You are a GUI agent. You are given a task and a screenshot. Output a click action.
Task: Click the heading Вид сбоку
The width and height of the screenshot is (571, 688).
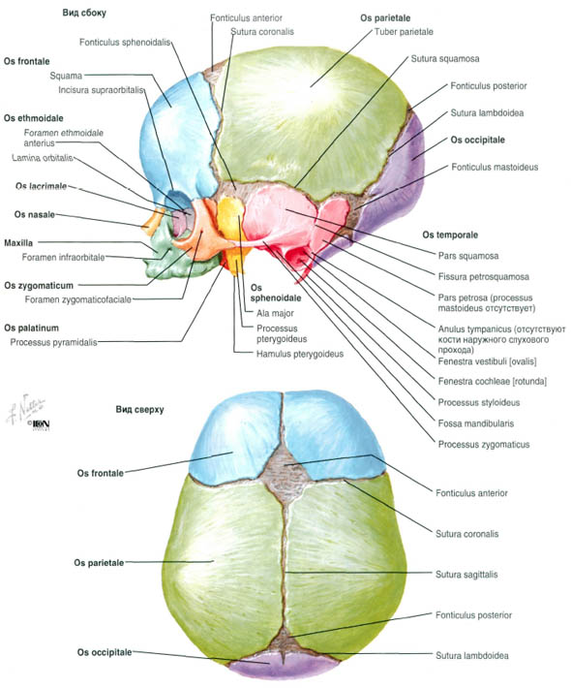coord(84,13)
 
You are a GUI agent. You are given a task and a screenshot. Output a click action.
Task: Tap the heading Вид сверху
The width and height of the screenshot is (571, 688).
coord(139,409)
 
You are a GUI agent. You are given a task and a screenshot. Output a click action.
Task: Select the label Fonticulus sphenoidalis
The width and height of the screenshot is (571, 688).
coord(125,43)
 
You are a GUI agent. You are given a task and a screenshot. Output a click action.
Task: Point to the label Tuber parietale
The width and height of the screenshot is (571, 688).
coord(404,32)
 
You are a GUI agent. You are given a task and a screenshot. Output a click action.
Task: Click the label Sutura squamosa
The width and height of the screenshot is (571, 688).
coord(445,59)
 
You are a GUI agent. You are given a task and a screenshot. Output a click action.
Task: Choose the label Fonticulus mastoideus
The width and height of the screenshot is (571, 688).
coord(495,167)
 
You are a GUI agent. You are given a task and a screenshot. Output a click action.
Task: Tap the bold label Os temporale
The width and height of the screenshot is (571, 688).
coord(450,235)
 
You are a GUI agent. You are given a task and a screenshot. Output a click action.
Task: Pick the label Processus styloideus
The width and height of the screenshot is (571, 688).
coord(479,402)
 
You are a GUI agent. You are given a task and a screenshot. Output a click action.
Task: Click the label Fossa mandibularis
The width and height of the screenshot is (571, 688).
coord(476,423)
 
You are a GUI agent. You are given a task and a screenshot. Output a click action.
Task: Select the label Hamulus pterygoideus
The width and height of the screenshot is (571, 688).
coord(300,354)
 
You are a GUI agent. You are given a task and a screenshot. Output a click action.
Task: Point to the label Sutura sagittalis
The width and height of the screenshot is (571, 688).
coord(466,575)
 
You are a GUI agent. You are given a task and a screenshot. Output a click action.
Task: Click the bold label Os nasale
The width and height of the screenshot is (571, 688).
coord(35,214)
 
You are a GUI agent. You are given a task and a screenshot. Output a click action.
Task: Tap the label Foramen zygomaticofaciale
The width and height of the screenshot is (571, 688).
coord(78,299)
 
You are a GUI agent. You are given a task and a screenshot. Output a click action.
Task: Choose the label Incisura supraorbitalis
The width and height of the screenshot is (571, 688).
coord(101,90)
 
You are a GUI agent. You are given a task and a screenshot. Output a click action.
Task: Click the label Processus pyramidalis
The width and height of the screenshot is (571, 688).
coord(53,342)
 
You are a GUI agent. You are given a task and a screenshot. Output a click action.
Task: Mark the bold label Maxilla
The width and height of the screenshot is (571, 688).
coord(18,242)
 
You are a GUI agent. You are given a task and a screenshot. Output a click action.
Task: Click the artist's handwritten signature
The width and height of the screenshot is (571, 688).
coord(25,408)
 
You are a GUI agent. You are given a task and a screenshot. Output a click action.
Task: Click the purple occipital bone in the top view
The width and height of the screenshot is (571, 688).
coord(284,666)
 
